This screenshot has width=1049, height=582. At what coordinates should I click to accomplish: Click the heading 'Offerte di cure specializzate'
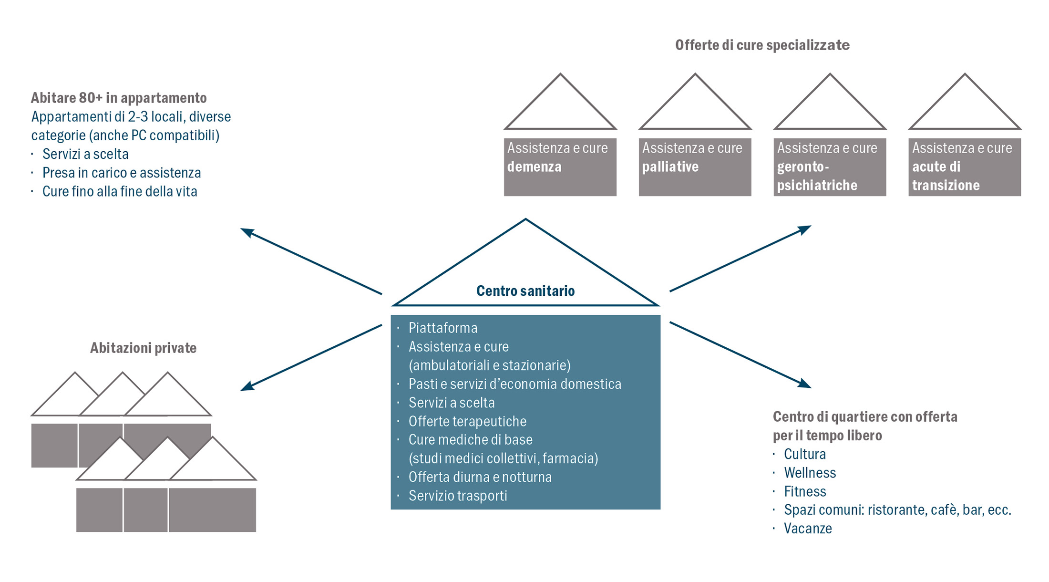point(762,45)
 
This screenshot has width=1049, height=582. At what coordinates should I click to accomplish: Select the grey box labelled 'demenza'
point(560,167)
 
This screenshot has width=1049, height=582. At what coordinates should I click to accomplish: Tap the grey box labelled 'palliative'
point(695,167)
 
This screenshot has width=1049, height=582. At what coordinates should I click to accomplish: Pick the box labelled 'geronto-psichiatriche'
point(830,167)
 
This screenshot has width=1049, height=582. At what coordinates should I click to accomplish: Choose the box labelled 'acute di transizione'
point(965,167)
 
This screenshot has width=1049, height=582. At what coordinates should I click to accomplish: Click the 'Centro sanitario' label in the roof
point(525,291)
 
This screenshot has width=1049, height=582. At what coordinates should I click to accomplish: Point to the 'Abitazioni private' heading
point(143,348)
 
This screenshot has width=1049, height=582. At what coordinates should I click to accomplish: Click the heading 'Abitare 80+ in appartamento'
point(119,98)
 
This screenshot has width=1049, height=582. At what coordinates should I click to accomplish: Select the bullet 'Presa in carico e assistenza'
point(122,173)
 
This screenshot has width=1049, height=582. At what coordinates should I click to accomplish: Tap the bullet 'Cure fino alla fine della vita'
point(120,191)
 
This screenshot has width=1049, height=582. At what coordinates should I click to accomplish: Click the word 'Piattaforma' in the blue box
point(443,328)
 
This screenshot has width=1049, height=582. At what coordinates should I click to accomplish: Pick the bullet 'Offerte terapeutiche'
point(467,421)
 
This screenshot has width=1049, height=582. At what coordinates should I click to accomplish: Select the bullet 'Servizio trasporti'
point(458,496)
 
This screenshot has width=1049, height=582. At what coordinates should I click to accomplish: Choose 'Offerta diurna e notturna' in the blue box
point(480,477)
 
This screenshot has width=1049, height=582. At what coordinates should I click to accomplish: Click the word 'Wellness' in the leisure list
point(810,473)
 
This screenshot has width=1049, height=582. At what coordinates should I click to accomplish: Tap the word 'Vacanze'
point(808,529)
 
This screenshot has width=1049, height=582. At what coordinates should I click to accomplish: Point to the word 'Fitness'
point(805,491)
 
